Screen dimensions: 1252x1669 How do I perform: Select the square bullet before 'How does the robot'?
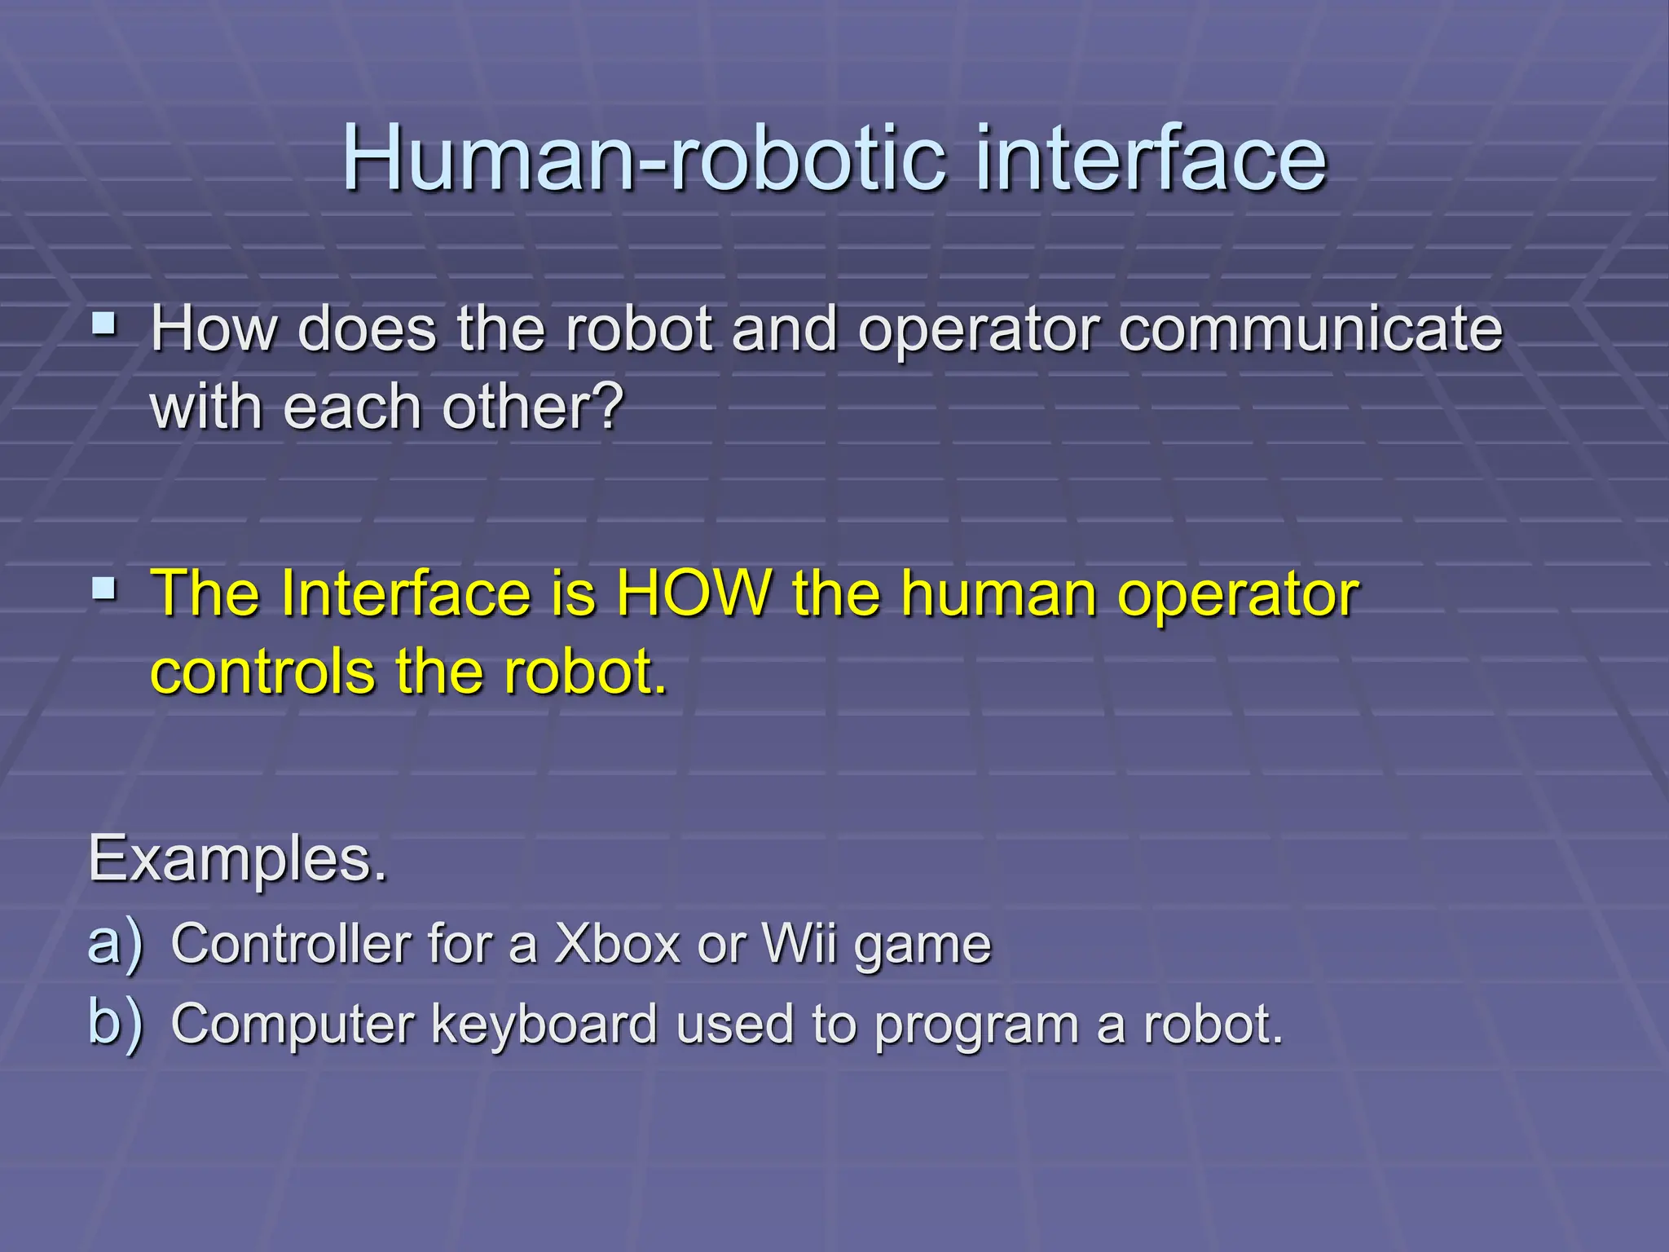tap(104, 326)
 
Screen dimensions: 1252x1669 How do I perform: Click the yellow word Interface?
tap(406, 593)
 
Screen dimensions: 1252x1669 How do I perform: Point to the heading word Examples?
tap(238, 859)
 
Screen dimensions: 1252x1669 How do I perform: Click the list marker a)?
tap(115, 944)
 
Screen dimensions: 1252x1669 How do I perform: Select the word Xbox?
tap(617, 944)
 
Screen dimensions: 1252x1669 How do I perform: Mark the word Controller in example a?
tap(290, 944)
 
